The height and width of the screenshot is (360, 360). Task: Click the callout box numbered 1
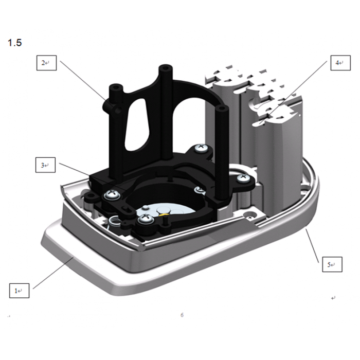coord(19,290)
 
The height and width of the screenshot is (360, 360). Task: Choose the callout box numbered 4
coord(339,63)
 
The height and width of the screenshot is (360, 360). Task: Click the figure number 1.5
coord(14,43)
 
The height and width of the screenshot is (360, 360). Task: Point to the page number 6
coord(182,315)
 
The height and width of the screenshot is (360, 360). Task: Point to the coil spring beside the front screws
coord(116,222)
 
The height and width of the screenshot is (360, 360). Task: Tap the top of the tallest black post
coord(165,68)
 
